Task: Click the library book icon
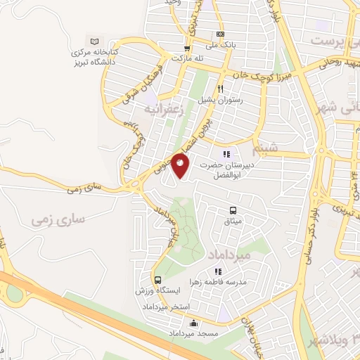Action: [x=94, y=40]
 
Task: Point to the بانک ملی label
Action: [x=221, y=44]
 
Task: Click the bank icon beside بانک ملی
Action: [x=221, y=34]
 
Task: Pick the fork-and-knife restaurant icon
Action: [x=221, y=89]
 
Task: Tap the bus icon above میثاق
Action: [x=233, y=210]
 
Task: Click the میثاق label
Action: [x=233, y=221]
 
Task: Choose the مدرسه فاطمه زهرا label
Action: [x=219, y=282]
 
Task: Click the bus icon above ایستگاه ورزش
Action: [x=157, y=279]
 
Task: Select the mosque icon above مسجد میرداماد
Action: [x=194, y=323]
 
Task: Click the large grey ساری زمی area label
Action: [x=58, y=219]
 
